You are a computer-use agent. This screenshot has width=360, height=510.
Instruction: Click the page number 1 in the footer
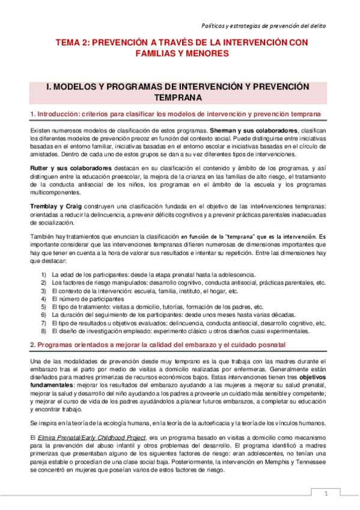pos(325,494)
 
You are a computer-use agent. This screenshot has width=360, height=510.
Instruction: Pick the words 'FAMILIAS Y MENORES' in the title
pos(180,54)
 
